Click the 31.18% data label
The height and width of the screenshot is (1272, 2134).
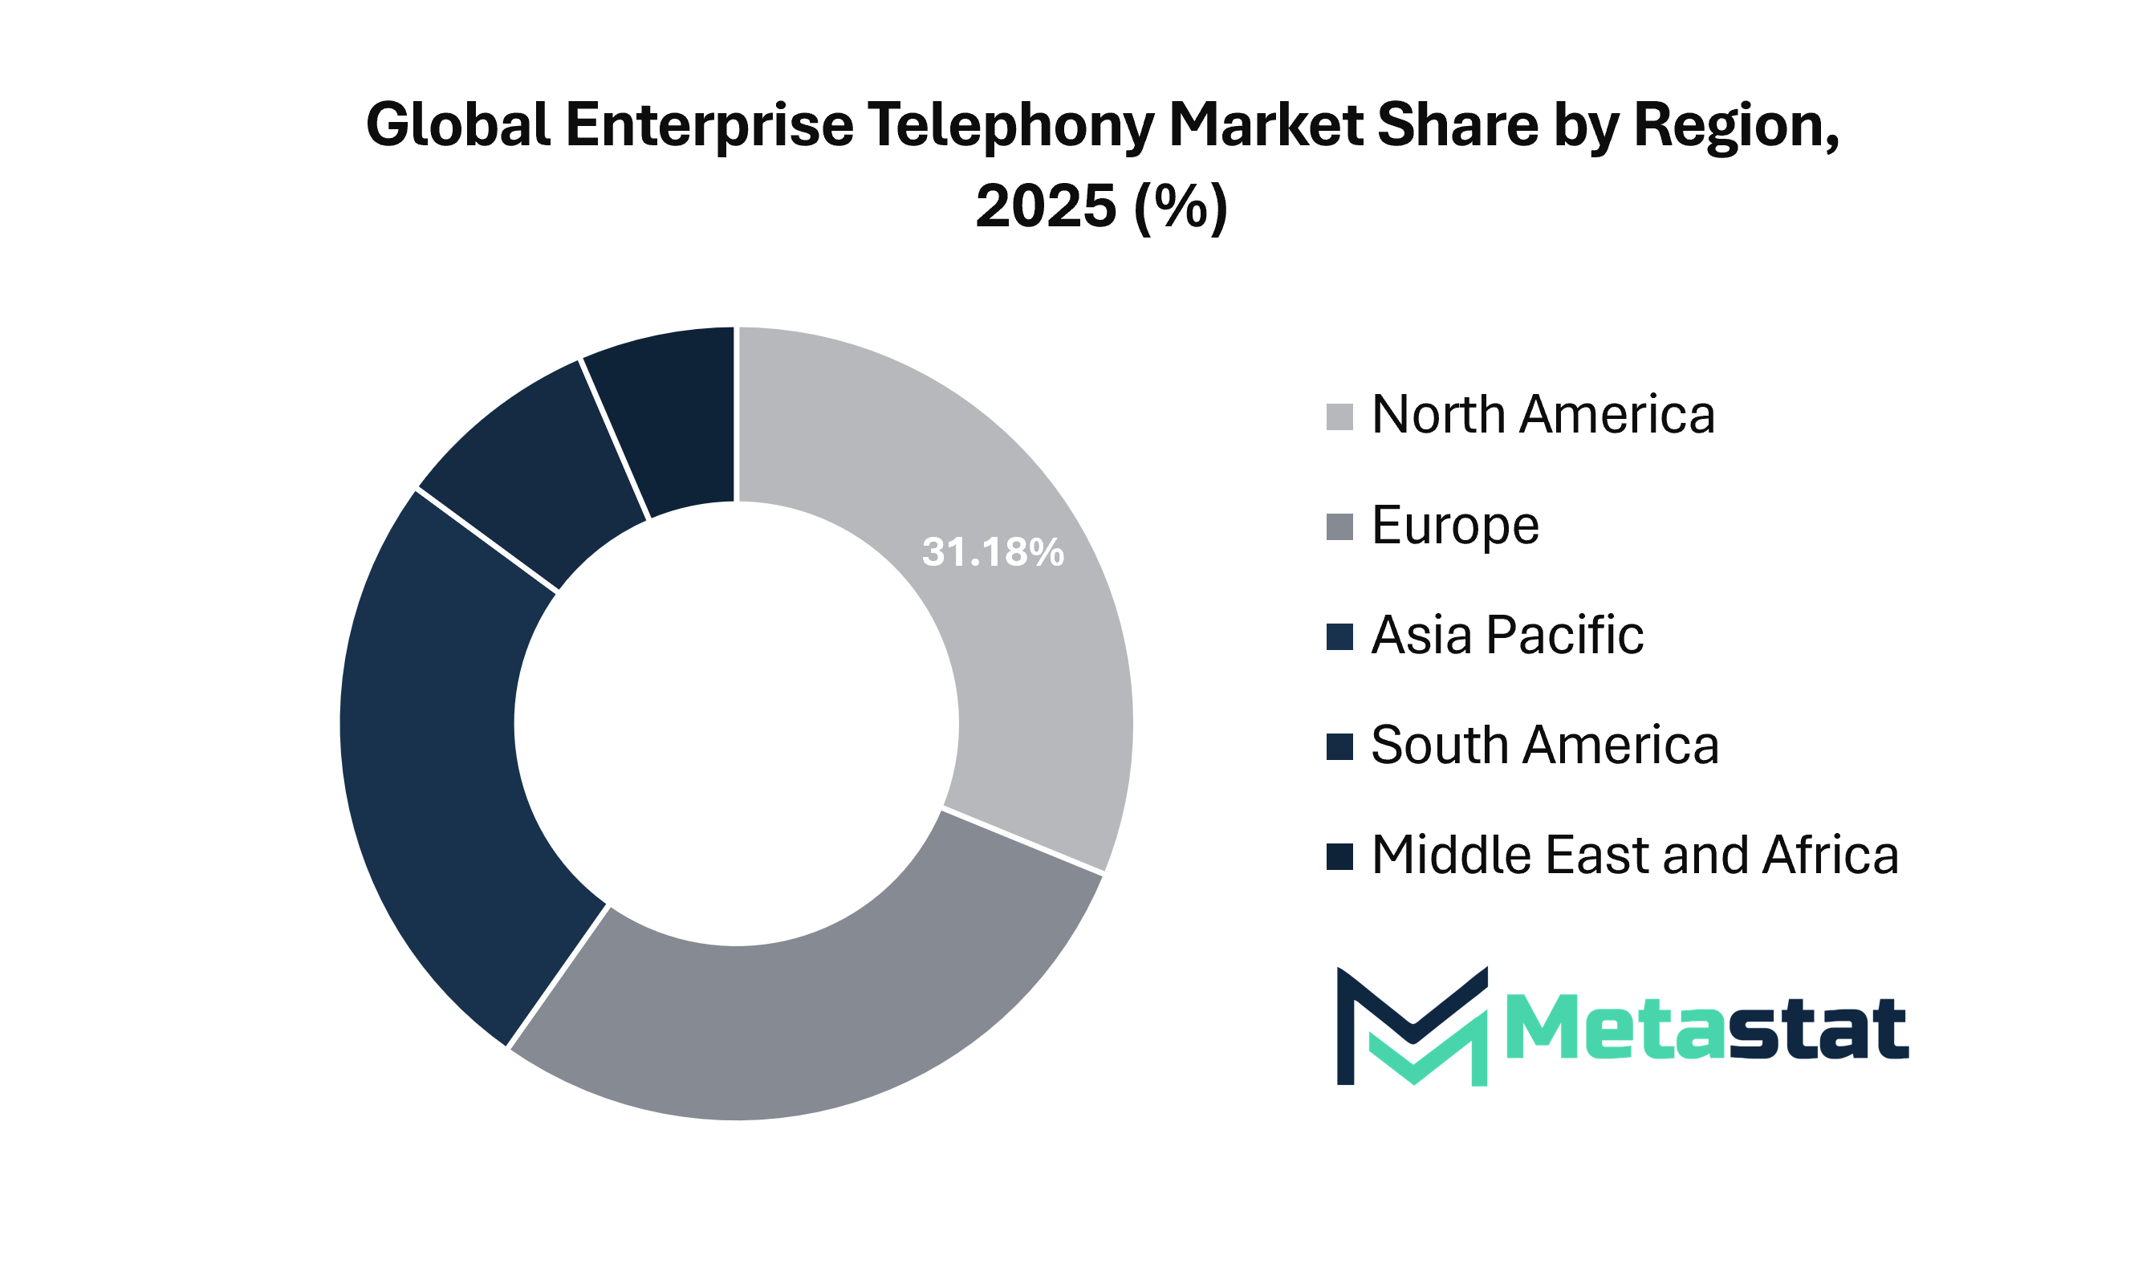(x=993, y=553)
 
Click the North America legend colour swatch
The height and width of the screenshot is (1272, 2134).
(x=1339, y=417)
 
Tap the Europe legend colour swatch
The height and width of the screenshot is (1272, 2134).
(x=1339, y=527)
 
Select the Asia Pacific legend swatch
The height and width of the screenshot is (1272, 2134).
(x=1339, y=637)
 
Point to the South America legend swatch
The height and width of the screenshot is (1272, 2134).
(x=1339, y=746)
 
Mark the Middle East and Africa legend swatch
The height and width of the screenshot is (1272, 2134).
(x=1339, y=856)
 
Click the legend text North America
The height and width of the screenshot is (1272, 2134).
(x=1543, y=415)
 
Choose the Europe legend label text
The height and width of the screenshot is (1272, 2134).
(x=1454, y=525)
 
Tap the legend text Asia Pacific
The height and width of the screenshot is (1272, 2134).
(x=1506, y=635)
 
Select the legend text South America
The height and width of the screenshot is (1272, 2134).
(x=1544, y=745)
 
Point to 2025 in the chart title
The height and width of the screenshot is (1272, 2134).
(x=1046, y=206)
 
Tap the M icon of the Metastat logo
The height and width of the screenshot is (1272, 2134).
(x=1412, y=1026)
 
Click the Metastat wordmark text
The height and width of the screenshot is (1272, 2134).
(x=1705, y=1029)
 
